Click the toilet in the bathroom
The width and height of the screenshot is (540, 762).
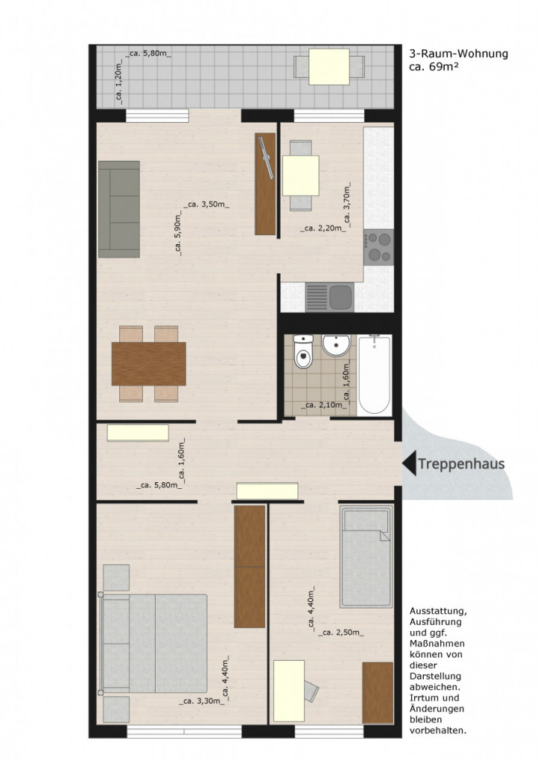click(304, 351)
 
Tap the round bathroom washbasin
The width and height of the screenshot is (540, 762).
click(336, 345)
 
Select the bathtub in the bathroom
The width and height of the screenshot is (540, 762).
click(374, 375)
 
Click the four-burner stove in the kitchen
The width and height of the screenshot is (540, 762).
click(378, 247)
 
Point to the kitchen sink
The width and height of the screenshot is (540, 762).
click(329, 298)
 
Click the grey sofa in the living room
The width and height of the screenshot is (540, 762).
click(119, 209)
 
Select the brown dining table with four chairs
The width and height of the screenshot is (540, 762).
click(148, 364)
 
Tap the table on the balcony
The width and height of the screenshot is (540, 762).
click(329, 66)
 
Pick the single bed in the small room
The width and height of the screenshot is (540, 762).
click(366, 557)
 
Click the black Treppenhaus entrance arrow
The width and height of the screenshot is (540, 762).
click(410, 464)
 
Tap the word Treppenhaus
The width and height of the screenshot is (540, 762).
click(461, 464)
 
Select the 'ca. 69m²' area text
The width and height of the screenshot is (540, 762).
click(434, 67)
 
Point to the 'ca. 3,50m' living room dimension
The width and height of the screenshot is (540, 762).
click(206, 205)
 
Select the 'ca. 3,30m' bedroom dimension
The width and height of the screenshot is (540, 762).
click(202, 701)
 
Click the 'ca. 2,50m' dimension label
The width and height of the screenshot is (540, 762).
click(340, 633)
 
